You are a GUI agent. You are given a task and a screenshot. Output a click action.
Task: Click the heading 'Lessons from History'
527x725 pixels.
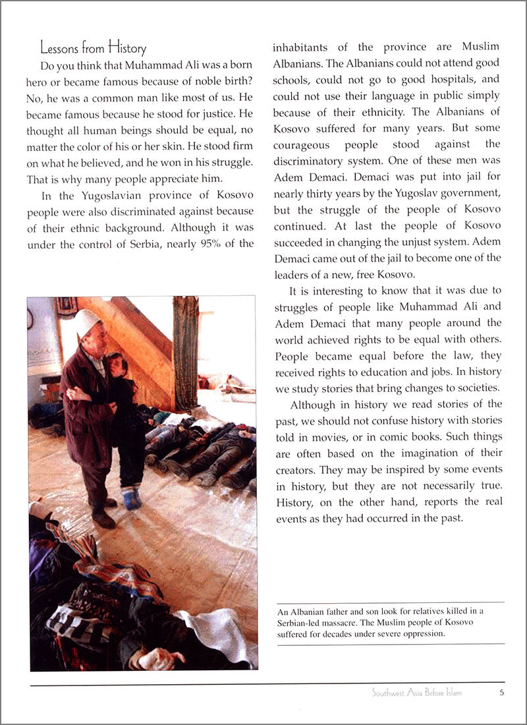93,47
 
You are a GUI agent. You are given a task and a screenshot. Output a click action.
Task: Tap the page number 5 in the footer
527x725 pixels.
502,693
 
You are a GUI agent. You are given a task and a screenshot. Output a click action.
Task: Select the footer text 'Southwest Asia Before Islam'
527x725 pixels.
416,693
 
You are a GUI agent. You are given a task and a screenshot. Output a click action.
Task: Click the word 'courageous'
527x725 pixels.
303,144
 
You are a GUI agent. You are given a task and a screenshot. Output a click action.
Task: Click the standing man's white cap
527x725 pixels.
86,321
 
